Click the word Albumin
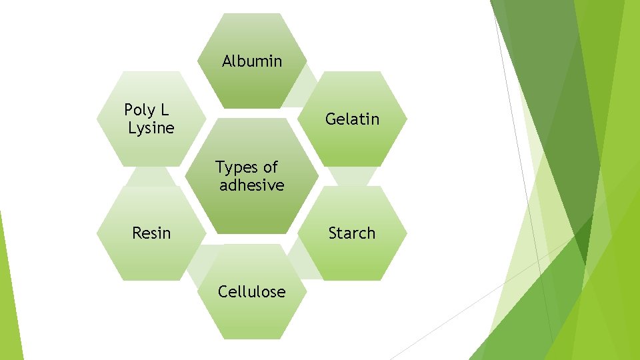[x=252, y=62]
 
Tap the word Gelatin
[x=352, y=119]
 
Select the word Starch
[x=351, y=233]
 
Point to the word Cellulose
[x=252, y=291]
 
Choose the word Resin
[x=151, y=233]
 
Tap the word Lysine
[x=151, y=128]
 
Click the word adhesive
[x=251, y=185]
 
